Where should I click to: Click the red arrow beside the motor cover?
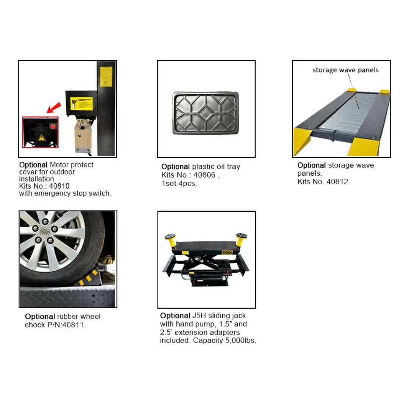point(54,108)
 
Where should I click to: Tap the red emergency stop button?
point(53,127)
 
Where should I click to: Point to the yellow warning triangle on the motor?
point(42,137)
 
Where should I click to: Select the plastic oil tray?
point(206,113)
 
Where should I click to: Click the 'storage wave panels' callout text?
point(345,70)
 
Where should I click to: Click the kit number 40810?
point(59,186)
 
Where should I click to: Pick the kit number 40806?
point(204,175)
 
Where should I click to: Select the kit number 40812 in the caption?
point(338,181)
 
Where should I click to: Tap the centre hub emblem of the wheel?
point(45,232)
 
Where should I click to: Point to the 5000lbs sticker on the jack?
point(227,253)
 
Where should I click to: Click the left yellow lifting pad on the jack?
point(170,240)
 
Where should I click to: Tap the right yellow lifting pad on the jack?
point(241,239)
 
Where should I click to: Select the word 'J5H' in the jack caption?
point(199,315)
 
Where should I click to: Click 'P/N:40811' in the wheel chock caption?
point(67,325)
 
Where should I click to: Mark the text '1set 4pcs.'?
point(179,183)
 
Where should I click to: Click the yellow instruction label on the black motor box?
point(81,104)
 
